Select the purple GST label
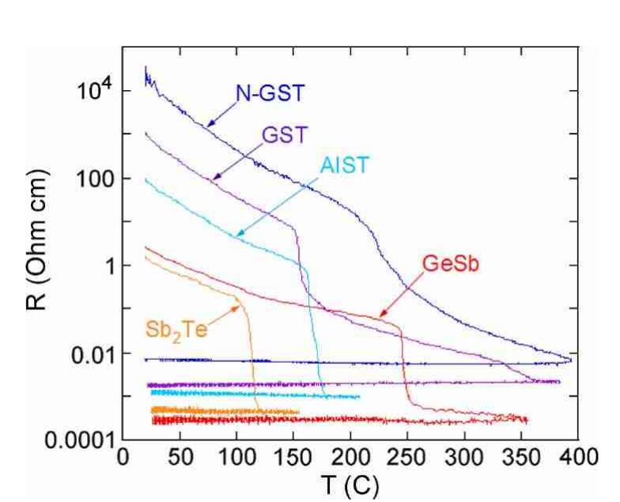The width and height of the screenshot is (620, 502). tap(274, 135)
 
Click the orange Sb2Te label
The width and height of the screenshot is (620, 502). tap(176, 327)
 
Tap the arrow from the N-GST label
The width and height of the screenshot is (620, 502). tap(221, 114)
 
